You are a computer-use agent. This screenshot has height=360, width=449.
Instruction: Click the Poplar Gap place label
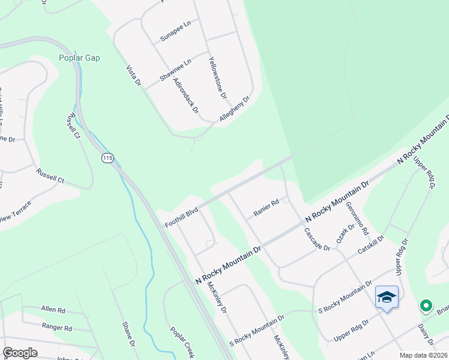click(79, 58)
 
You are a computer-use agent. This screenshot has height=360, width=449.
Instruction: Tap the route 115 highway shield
click(107, 158)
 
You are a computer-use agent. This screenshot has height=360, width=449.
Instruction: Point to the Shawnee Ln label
click(175, 70)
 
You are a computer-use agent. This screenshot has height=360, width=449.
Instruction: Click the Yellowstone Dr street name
click(217, 77)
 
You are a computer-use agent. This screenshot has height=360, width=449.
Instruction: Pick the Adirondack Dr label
click(185, 98)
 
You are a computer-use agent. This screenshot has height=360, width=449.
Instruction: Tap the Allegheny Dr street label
click(234, 110)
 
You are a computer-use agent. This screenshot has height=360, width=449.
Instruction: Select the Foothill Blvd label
click(181, 218)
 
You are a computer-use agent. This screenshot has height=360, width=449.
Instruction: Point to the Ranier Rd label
click(266, 206)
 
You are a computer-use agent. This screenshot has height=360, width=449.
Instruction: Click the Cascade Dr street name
click(316, 239)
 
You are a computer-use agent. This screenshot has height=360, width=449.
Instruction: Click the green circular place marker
click(426, 307)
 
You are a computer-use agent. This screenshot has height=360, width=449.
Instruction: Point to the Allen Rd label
click(53, 310)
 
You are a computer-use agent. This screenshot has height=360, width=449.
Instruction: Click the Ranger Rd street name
click(57, 328)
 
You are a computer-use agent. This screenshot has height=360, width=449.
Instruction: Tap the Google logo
click(20, 352)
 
